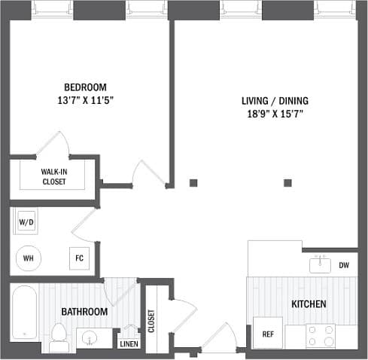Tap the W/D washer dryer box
pyautogui.click(x=26, y=223)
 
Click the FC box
pyautogui.click(x=79, y=258)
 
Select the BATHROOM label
pyautogui.click(x=84, y=311)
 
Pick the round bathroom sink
pyautogui.click(x=89, y=338)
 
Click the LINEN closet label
pyautogui.click(x=128, y=343)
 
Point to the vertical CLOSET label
pyautogui.click(x=151, y=321)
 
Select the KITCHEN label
pyautogui.click(x=309, y=304)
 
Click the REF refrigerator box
pyautogui.click(x=267, y=334)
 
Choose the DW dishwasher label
pyautogui.click(x=344, y=265)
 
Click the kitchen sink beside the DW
pyautogui.click(x=320, y=264)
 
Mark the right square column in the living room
pyautogui.click(x=287, y=182)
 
